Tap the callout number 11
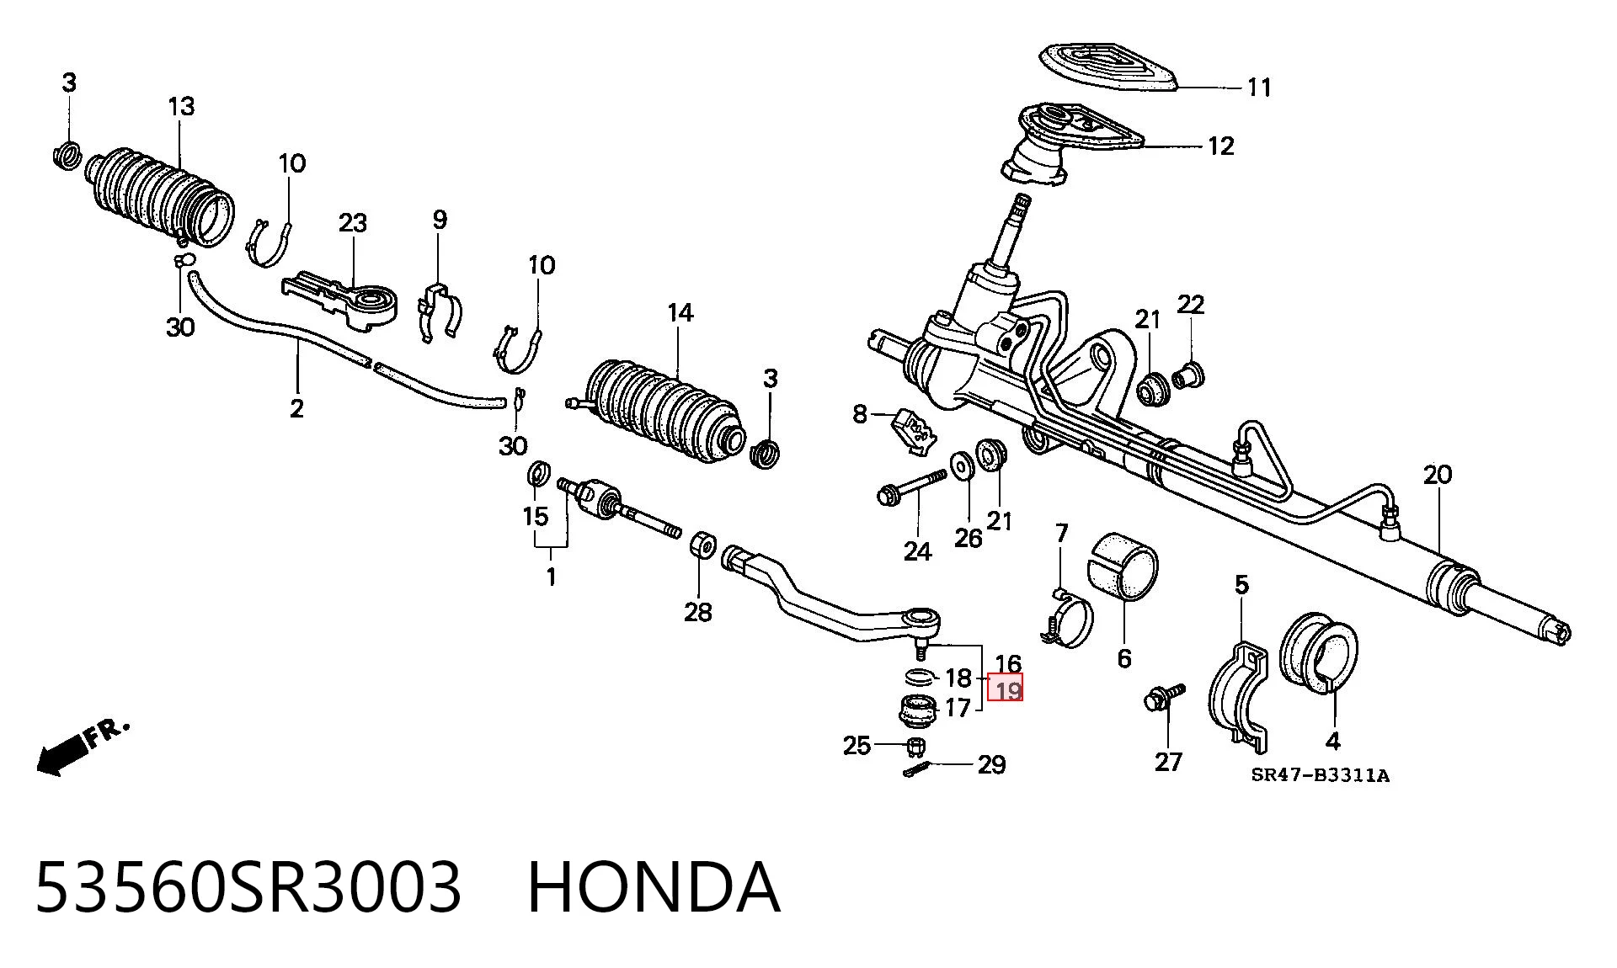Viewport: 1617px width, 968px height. pos(1258,88)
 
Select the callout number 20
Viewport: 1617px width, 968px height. pos(1438,475)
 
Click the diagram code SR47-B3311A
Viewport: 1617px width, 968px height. pos(1320,775)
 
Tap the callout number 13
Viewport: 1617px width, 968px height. pos(181,107)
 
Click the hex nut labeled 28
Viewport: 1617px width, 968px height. pos(702,545)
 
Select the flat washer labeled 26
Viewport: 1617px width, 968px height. pos(958,465)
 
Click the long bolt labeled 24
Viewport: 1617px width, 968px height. pos(911,487)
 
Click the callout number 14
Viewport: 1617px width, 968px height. pos(680,314)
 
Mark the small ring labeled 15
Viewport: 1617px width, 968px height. pos(536,474)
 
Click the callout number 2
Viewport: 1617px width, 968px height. pos(296,409)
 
